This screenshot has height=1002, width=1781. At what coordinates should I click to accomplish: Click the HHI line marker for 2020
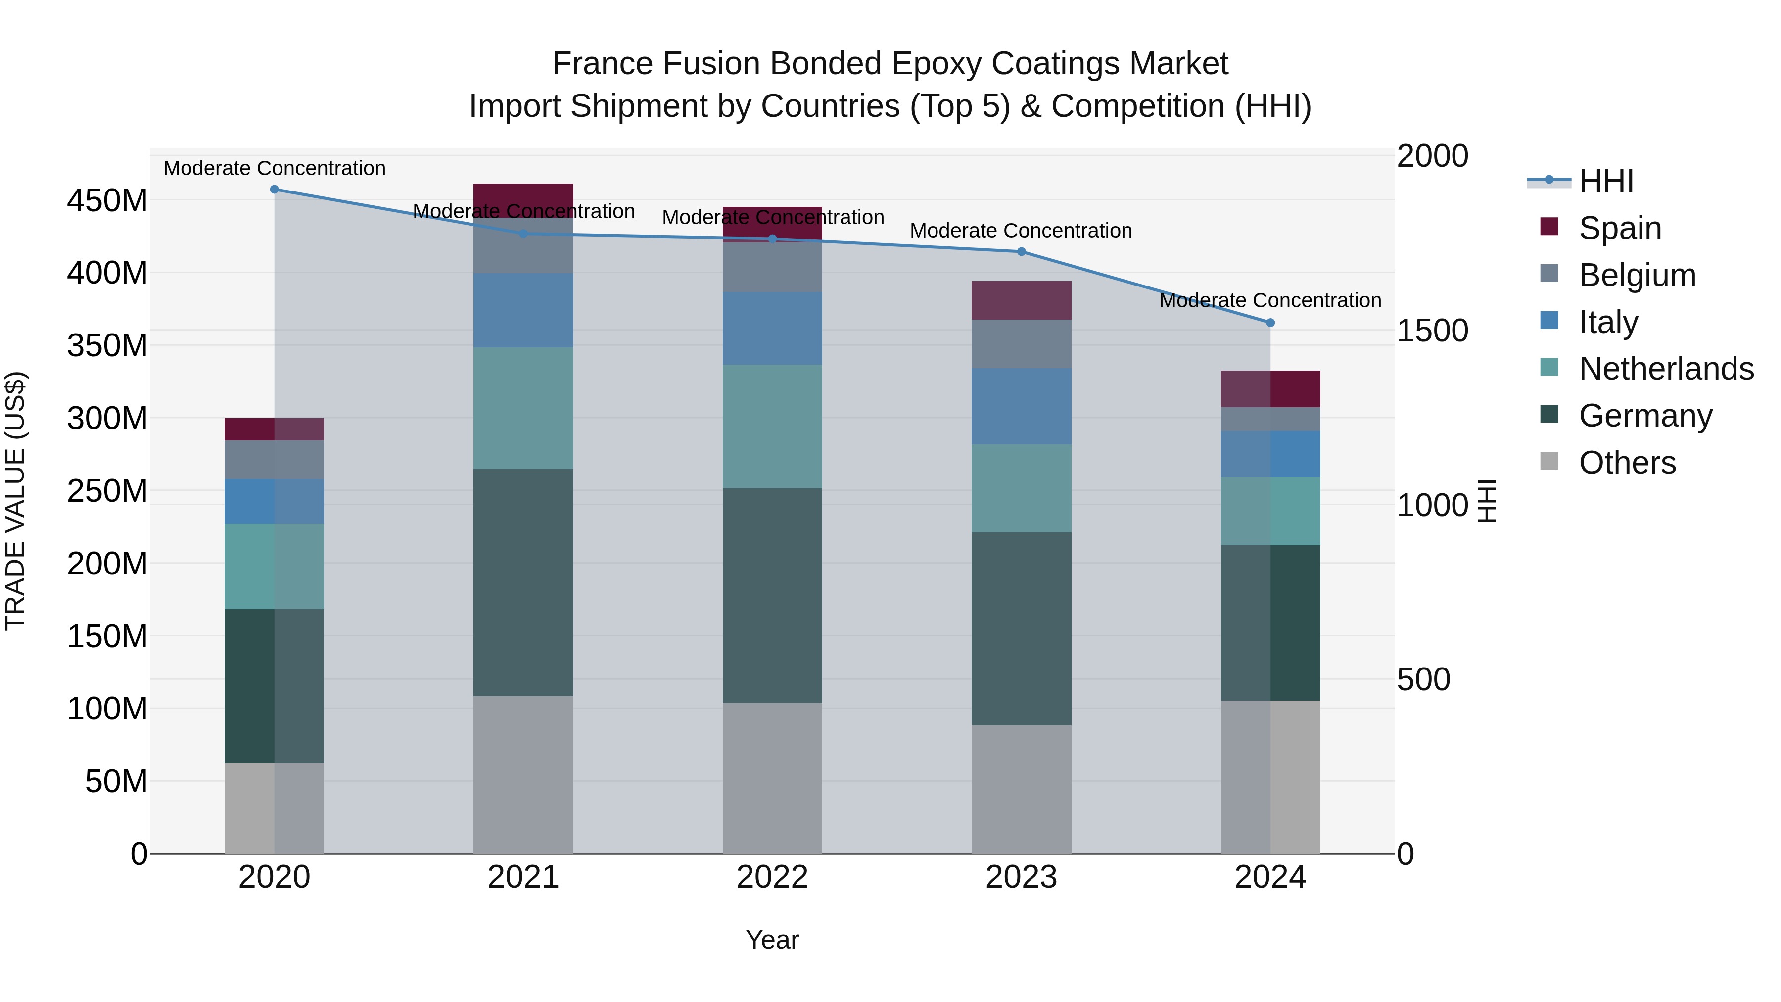point(275,190)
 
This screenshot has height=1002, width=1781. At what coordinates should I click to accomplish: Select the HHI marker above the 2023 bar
point(1021,252)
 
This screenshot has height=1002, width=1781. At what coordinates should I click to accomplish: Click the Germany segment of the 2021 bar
point(523,582)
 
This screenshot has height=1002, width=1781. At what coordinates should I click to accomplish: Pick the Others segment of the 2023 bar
point(1021,789)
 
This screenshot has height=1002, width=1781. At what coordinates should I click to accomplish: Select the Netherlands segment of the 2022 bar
point(772,427)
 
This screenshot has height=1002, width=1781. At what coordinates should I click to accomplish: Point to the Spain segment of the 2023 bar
point(1021,300)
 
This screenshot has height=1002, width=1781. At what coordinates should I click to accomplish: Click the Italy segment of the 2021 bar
point(523,310)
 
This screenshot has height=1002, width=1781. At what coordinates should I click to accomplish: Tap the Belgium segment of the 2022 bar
point(772,267)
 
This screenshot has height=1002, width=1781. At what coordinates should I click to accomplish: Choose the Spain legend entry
point(1620,228)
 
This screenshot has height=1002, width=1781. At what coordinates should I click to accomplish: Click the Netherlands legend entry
point(1666,369)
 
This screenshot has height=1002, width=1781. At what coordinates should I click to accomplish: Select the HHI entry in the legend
point(1606,181)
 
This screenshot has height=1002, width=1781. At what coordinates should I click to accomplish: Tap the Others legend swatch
point(1549,461)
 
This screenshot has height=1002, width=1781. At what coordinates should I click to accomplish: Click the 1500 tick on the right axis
point(1432,331)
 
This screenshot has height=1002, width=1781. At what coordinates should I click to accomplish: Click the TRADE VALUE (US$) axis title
point(15,501)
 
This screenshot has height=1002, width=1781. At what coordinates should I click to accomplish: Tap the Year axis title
point(772,940)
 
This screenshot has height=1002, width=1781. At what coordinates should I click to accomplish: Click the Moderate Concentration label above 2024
point(1270,301)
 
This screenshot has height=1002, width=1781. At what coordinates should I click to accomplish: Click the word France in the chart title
point(602,64)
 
